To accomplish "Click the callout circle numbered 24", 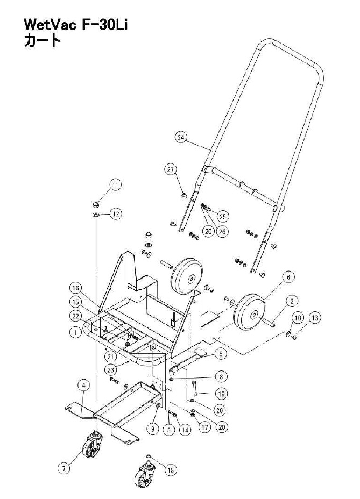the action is point(181,138).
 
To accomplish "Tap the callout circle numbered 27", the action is point(171,169).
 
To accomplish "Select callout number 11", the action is point(116,184).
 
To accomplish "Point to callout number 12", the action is point(116,213).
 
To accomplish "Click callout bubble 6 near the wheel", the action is point(288,277).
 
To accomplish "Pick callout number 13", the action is point(315,318).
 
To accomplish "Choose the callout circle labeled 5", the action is point(221,354).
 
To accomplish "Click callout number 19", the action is point(221,394).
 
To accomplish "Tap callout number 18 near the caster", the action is point(171,470).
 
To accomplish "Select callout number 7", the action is point(64,468).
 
